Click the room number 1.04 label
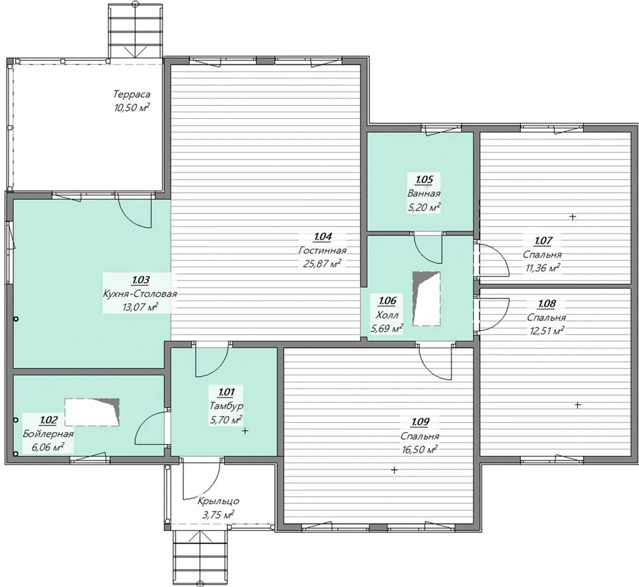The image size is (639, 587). [323, 236]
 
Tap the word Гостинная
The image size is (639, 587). [322, 251]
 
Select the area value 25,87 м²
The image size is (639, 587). [322, 264]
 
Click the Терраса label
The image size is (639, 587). [132, 95]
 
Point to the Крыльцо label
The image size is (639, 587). [218, 501]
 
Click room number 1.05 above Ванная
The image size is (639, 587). [424, 179]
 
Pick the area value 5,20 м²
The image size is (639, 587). [424, 207]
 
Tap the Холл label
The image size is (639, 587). [387, 315]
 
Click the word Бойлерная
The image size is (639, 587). [48, 434]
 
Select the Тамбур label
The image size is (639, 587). [226, 406]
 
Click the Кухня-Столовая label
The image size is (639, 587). [140, 294]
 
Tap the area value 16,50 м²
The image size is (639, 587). [420, 449]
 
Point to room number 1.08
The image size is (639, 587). [546, 304]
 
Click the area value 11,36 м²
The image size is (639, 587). [542, 268]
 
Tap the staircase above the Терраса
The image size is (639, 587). [136, 30]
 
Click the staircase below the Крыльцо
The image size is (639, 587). [199, 557]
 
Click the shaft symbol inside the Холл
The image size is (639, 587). [426, 298]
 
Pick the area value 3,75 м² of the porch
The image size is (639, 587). [218, 515]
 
